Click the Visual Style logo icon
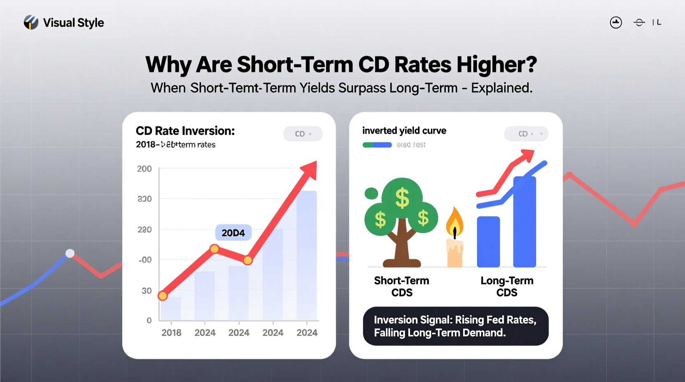click(x=31, y=22)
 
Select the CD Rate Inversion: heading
click(x=185, y=131)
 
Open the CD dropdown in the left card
click(x=303, y=134)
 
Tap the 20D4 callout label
click(x=233, y=233)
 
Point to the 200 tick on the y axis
click(x=144, y=169)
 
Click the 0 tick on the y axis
click(x=149, y=320)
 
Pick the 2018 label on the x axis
click(x=171, y=333)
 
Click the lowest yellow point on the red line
click(x=163, y=296)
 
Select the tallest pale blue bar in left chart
click(x=307, y=255)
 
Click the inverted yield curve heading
click(x=404, y=130)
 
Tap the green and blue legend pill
click(x=377, y=145)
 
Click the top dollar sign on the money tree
click(x=402, y=198)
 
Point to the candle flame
click(x=454, y=223)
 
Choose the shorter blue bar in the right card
click(x=488, y=242)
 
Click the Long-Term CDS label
click(x=507, y=286)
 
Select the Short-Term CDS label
click(x=401, y=286)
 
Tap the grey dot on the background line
click(x=70, y=253)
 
